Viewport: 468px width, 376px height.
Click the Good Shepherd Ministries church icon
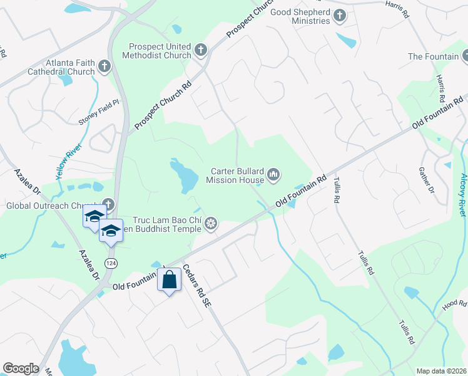tap(340, 16)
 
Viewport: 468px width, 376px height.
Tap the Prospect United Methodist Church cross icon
tap(201, 50)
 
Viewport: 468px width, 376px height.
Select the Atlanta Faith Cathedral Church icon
tap(104, 65)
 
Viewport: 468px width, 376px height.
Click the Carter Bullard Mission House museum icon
tap(273, 175)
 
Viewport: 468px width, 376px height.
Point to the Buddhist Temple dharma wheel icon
tap(211, 224)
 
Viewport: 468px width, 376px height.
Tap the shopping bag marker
tap(170, 280)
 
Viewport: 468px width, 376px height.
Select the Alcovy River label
tap(462, 187)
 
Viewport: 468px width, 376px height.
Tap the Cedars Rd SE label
tap(197, 287)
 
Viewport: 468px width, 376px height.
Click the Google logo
tap(21, 368)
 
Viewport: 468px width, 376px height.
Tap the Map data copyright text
tap(441, 371)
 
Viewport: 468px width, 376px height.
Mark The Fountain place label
tap(434, 56)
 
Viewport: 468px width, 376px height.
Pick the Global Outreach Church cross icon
tap(108, 204)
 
